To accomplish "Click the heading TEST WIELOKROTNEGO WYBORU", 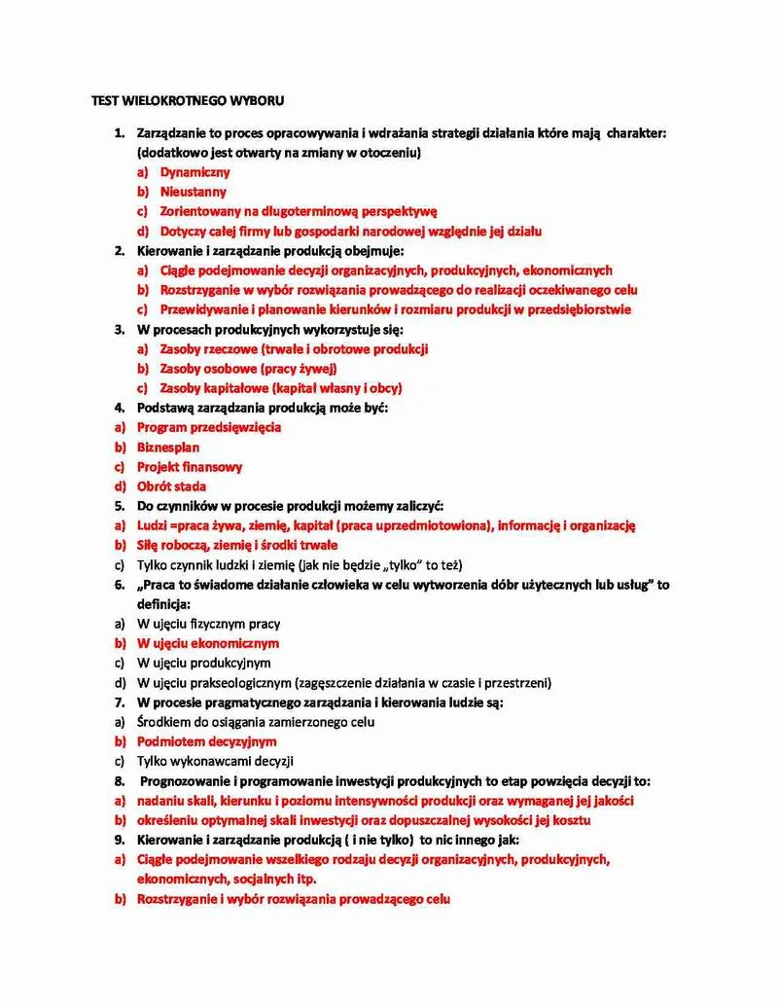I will pos(189,100).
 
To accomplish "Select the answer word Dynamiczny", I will pos(195,172).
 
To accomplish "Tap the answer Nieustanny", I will pos(194,192).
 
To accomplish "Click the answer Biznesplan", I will pos(168,448).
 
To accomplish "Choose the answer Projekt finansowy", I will pos(190,467).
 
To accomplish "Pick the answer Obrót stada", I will pos(171,486).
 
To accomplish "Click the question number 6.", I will pos(120,585).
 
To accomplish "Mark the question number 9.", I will pos(120,840).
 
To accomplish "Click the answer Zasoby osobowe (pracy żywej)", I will pos(248,369).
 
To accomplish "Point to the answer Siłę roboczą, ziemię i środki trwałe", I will pos(237,545).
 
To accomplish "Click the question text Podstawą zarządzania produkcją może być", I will pos(263,408).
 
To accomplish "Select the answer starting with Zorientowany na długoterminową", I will pos(300,211).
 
